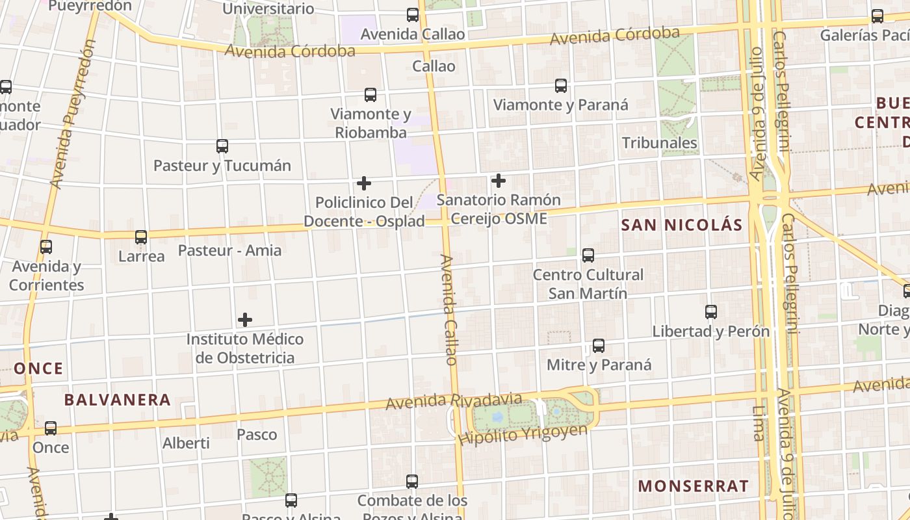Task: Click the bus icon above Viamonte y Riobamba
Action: [x=370, y=95]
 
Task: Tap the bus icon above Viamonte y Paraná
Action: [x=561, y=86]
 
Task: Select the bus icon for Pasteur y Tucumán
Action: [x=222, y=146]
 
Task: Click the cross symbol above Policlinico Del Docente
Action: [x=364, y=183]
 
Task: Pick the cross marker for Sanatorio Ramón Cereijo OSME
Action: [x=499, y=181]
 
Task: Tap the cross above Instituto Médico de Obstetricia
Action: [x=245, y=320]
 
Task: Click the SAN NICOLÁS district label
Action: [x=681, y=225]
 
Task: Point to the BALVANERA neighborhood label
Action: [x=118, y=400]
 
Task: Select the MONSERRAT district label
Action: [x=693, y=486]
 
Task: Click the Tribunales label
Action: [x=659, y=143]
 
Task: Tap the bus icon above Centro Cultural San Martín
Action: [x=588, y=255]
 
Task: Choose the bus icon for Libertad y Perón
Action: [x=711, y=312]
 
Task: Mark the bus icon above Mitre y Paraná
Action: [x=599, y=346]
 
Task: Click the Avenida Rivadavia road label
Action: [x=454, y=401]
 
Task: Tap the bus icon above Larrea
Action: [x=141, y=237]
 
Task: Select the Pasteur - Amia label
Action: [x=229, y=250]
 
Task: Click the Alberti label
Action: [x=186, y=443]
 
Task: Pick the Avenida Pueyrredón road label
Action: [x=73, y=114]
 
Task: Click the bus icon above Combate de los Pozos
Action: [x=412, y=482]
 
